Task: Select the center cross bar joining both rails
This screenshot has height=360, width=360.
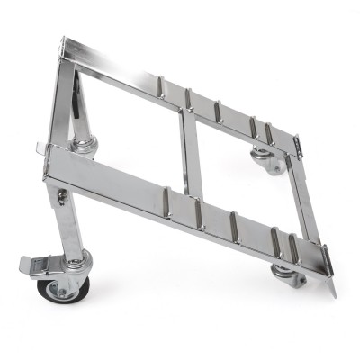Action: pos(187,153)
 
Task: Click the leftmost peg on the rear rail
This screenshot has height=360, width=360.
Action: pos(161,86)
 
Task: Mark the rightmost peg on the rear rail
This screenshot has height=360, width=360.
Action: pos(267,133)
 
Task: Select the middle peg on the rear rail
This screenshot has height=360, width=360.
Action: pos(217,110)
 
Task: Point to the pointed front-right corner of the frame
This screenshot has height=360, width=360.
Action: pos(333,292)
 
